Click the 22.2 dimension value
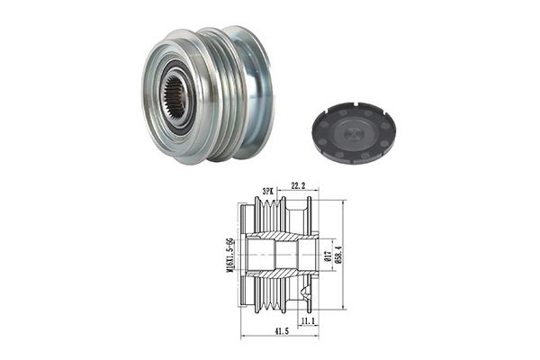(298, 186)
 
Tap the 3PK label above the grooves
(268, 191)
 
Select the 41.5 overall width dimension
(282, 331)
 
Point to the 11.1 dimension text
(308, 321)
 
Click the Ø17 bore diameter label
(328, 256)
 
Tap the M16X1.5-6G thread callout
(229, 255)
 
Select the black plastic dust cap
(355, 128)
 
